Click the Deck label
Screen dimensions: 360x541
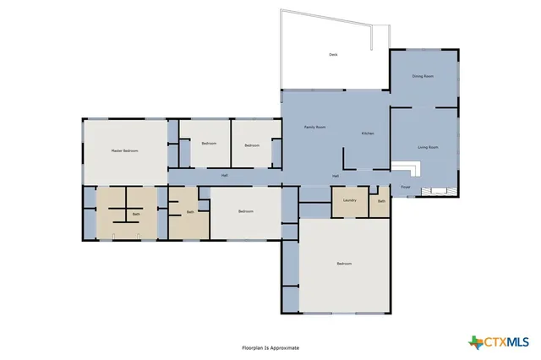point(333,55)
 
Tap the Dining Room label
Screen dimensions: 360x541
point(423,76)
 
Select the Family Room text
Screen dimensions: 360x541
point(315,127)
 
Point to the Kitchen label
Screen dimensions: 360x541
point(368,134)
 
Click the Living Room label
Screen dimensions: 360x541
point(427,147)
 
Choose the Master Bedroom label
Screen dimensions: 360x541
point(124,150)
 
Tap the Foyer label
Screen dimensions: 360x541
point(405,186)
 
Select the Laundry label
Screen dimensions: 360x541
point(349,200)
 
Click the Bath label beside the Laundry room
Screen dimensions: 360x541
point(381,201)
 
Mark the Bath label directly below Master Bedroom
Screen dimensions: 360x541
point(135,215)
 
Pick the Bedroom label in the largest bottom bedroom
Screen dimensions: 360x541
point(343,264)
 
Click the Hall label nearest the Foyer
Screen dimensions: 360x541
point(336,176)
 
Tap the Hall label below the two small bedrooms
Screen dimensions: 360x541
point(224,176)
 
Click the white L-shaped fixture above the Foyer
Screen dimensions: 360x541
point(409,167)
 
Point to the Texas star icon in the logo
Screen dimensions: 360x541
point(476,341)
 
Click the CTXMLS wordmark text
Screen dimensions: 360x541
point(506,341)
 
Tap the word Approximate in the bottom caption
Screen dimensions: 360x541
point(285,347)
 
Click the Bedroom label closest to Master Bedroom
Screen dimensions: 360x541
point(209,143)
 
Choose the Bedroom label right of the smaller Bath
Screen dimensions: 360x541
point(245,210)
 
